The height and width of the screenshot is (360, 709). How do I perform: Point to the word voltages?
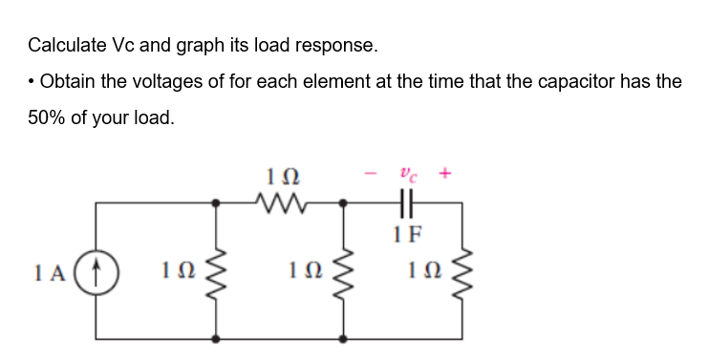193,81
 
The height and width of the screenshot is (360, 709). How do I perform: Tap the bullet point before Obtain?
32,81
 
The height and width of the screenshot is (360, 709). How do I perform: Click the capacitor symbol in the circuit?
405,201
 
